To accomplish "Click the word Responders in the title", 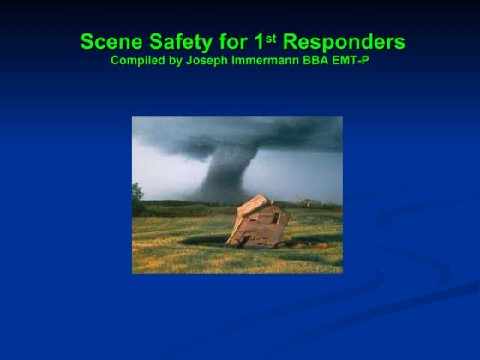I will click(343, 42).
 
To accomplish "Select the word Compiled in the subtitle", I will click(137, 62).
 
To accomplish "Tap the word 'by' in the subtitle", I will click(175, 62).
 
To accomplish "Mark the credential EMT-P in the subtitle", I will click(362, 62).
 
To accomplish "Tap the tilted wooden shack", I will click(256, 221).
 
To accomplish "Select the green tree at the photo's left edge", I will click(137, 199).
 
